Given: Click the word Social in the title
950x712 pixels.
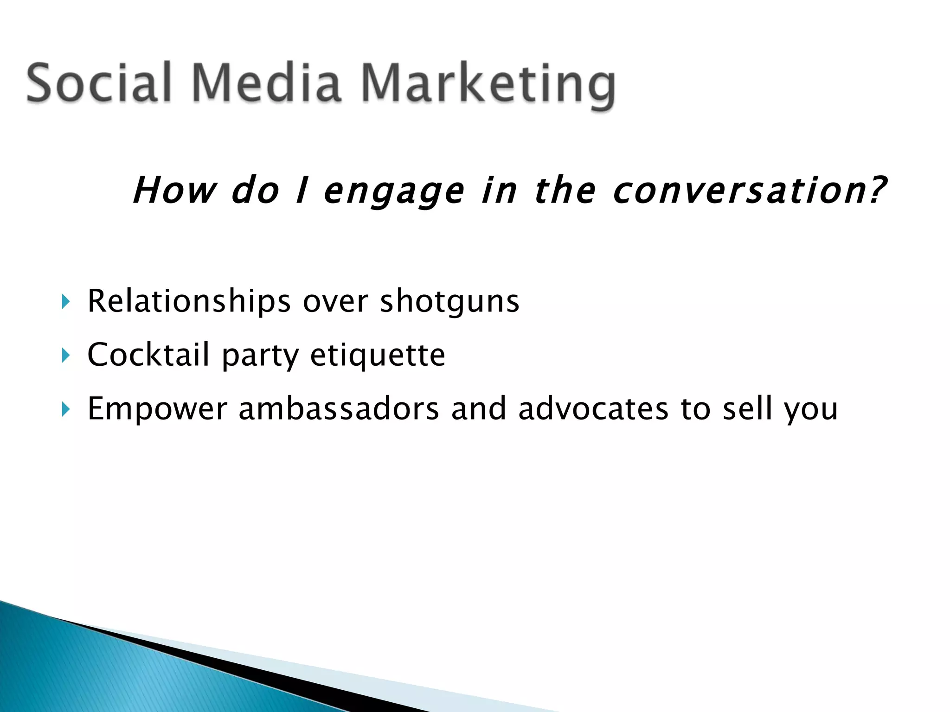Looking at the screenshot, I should coord(99,84).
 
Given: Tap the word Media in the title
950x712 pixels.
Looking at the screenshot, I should coord(266,84).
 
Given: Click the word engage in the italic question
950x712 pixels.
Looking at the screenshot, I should coord(394,191).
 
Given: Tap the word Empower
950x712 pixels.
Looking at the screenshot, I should coord(157,409).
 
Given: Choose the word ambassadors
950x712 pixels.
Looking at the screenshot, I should coord(339,408).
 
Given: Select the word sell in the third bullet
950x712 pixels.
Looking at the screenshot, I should coord(747,408).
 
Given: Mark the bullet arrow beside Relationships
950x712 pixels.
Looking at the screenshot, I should coord(65,303).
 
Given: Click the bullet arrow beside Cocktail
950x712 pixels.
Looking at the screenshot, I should coord(65,356).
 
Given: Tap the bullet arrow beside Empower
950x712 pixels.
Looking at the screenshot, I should coord(65,409).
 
